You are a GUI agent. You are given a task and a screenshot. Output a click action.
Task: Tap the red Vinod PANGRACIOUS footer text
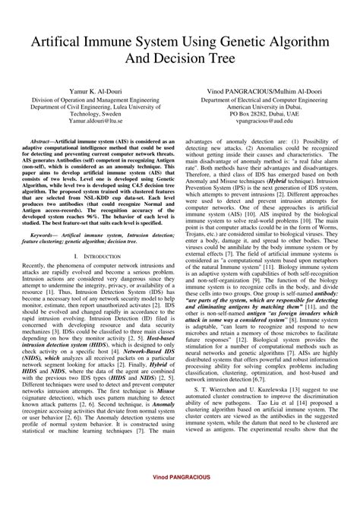pyautogui.click(x=180, y=496)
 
